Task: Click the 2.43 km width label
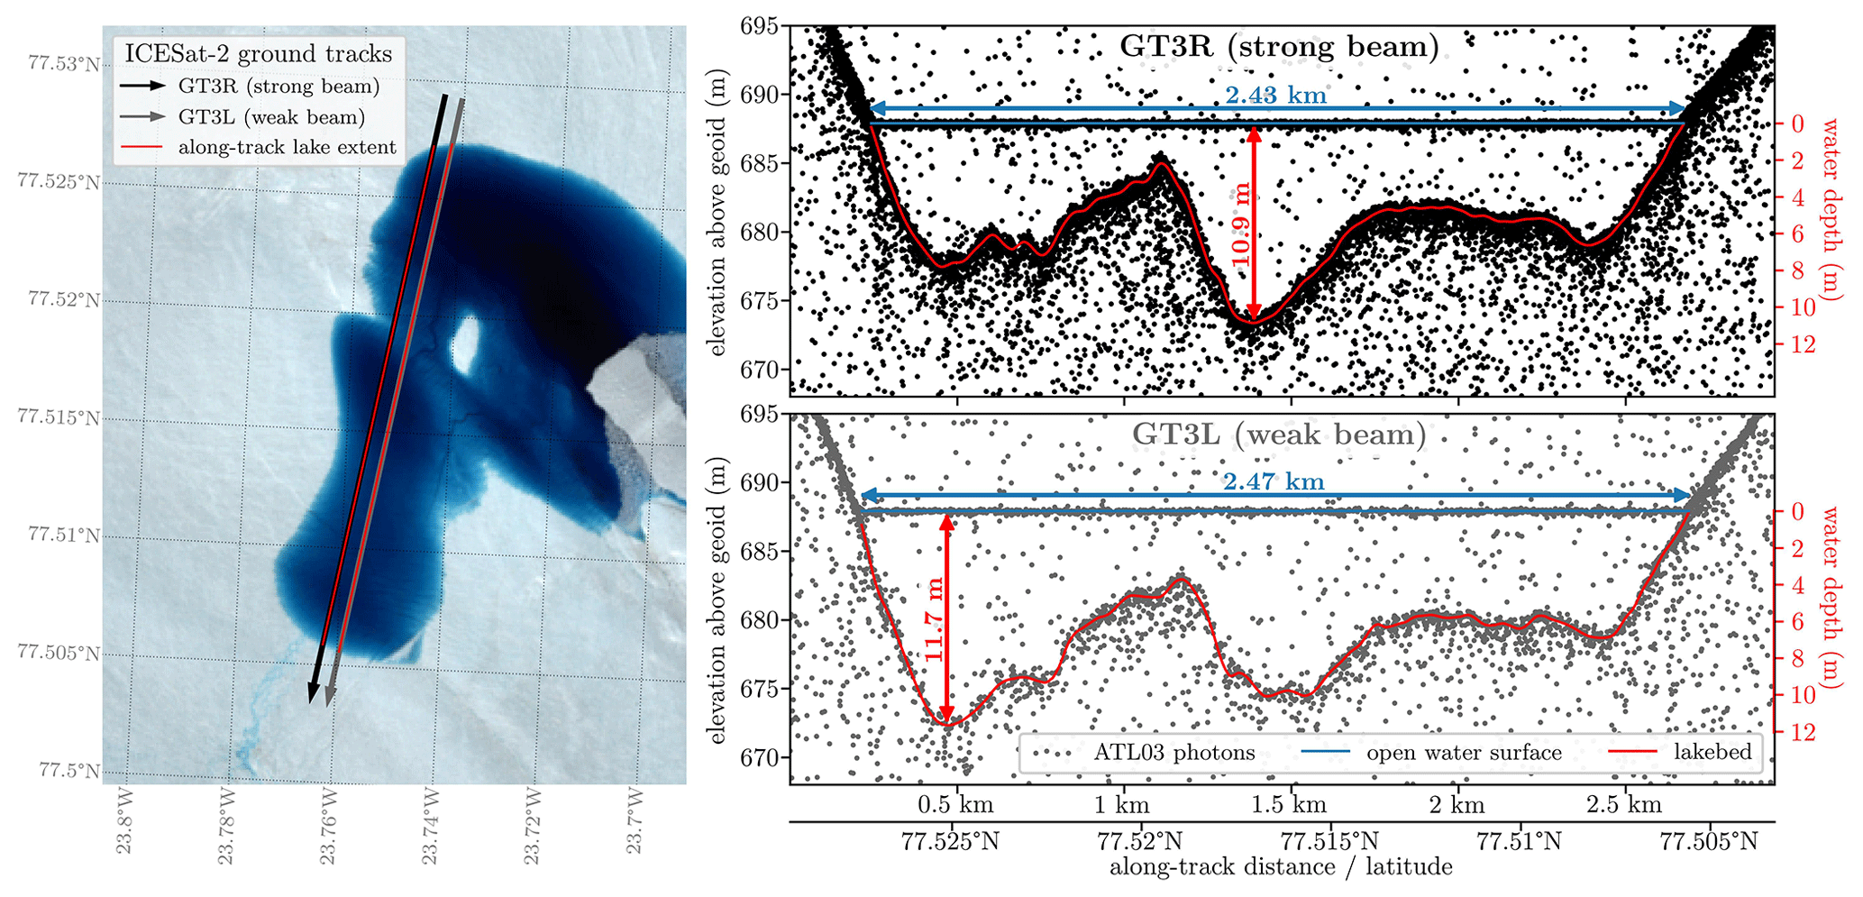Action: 1275,95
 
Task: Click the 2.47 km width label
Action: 1274,481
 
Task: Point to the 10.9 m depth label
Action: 1241,224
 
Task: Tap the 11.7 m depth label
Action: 934,619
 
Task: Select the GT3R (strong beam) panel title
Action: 1279,47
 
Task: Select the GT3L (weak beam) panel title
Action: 1279,435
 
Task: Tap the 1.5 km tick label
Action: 1289,804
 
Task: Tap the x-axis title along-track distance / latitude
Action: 1280,867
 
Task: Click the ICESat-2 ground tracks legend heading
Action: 258,54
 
